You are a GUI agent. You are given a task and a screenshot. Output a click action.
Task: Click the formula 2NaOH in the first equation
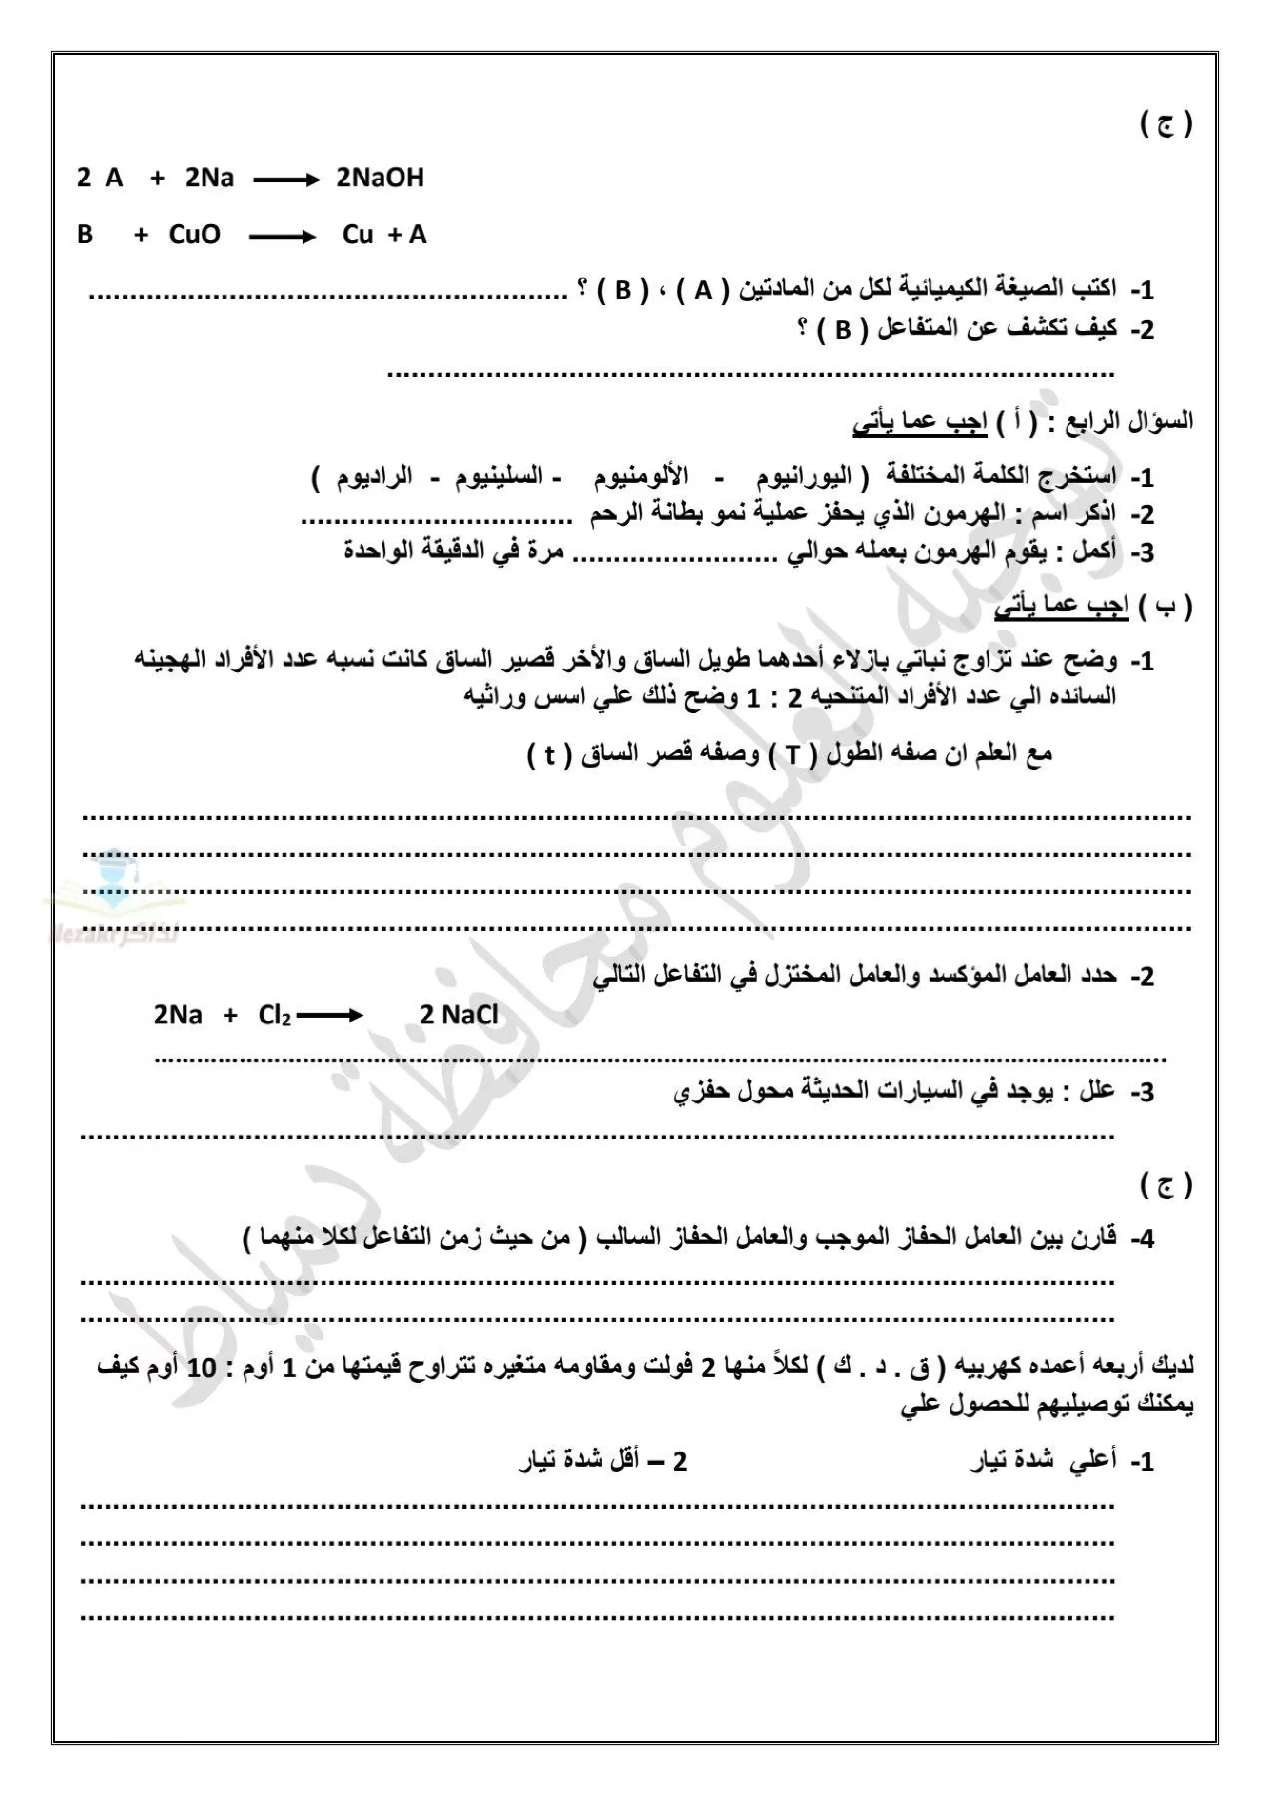pos(380,178)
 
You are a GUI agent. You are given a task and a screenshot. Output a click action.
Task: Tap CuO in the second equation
pos(194,234)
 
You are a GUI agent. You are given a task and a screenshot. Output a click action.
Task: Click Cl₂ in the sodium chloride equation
pos(274,1015)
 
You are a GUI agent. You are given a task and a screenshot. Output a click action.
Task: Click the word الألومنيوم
pos(641,476)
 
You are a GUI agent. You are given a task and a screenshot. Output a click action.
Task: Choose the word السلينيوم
pos(499,476)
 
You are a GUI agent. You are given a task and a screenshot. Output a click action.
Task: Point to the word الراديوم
pos(374,476)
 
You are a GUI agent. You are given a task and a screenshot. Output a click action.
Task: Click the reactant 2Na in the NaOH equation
pos(209,178)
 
